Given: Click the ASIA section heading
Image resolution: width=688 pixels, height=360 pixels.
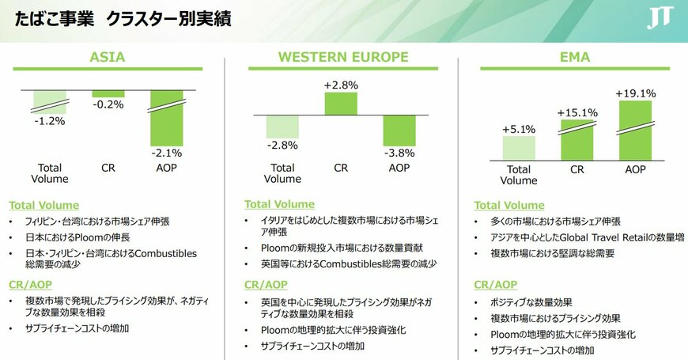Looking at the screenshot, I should [108, 57].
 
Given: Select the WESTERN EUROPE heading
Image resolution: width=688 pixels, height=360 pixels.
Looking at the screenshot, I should [343, 57].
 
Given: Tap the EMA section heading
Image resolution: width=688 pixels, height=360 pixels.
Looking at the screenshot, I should [574, 57].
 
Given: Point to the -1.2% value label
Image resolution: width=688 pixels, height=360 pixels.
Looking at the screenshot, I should [49, 121].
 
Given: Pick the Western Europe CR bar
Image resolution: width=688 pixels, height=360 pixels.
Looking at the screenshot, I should [341, 104].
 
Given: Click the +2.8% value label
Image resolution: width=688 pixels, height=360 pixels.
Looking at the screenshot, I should [341, 85].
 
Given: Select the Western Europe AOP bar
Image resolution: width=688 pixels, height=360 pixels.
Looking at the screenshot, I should [399, 130].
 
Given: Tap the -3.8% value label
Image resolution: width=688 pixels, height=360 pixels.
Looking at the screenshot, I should [400, 153].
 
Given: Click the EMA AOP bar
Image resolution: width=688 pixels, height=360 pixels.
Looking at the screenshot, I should [636, 130].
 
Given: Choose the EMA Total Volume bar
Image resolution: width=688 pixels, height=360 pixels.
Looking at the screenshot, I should [519, 148].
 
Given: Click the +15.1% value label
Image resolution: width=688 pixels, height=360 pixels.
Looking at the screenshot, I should [577, 112].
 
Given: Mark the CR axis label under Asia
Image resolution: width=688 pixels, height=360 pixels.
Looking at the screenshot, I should [108, 168].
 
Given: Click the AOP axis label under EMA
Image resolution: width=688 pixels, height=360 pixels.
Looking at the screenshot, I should [636, 169].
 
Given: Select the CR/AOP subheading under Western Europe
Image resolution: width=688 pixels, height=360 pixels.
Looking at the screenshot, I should [265, 285].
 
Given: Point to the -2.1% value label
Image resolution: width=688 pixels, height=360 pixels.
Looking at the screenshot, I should [167, 153].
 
